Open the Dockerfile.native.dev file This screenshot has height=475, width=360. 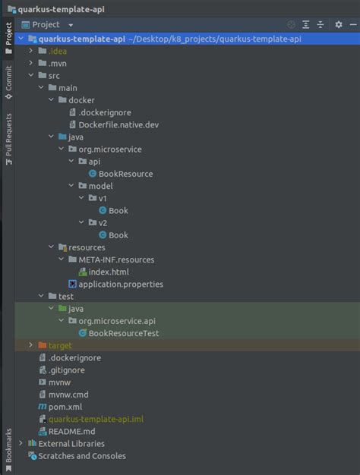pos(118,124)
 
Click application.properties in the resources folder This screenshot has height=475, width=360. pos(120,284)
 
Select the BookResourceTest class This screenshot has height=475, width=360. pos(123,333)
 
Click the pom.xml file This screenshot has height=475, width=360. pos(65,407)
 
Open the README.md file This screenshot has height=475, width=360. pos(71,431)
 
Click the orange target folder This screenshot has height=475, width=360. pos(60,345)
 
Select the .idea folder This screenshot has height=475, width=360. pos(57,51)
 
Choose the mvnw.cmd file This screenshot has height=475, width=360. pos(68,395)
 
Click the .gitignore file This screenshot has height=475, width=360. pos(66,370)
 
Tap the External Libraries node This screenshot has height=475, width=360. pos(71,443)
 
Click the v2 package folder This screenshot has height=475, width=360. pos(103,222)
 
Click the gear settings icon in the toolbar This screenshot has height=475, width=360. pos(339,24)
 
